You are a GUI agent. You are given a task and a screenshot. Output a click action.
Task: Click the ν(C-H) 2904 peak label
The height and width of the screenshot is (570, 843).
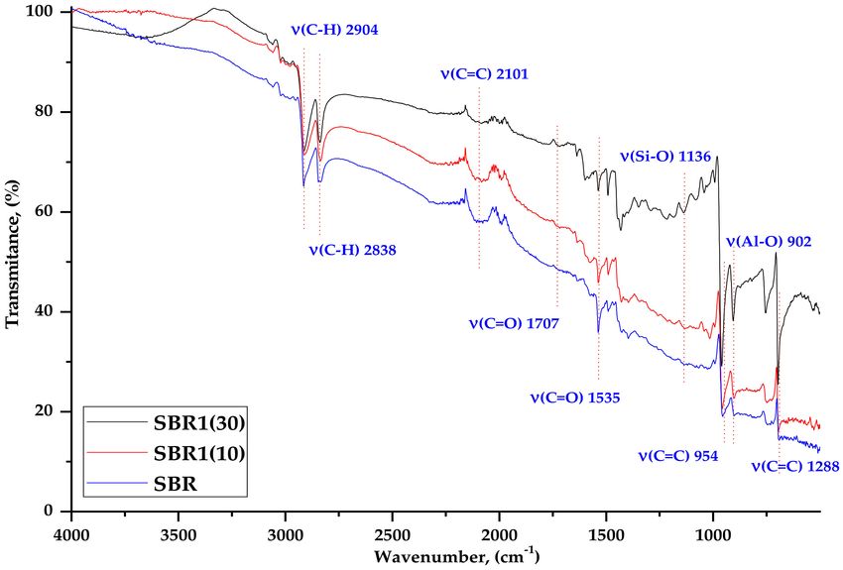[x=335, y=31]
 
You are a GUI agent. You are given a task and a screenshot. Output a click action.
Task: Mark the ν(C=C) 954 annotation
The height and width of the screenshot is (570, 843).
[x=677, y=457]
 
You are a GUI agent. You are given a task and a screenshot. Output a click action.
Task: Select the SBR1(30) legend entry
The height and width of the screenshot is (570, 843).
[x=199, y=423]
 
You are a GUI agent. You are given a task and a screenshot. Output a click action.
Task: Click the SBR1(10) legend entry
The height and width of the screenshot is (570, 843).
[x=199, y=453]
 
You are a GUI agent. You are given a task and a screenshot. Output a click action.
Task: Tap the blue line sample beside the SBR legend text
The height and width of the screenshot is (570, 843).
[x=116, y=484]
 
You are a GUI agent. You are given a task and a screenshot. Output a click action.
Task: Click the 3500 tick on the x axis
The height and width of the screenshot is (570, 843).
[x=179, y=526]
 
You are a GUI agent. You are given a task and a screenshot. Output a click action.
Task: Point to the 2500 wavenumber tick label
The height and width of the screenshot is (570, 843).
[x=392, y=526]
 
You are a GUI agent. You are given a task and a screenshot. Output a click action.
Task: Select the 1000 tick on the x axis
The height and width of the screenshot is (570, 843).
[x=713, y=526]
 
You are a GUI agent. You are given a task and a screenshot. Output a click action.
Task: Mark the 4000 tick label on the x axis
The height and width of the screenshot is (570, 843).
[x=71, y=526]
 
